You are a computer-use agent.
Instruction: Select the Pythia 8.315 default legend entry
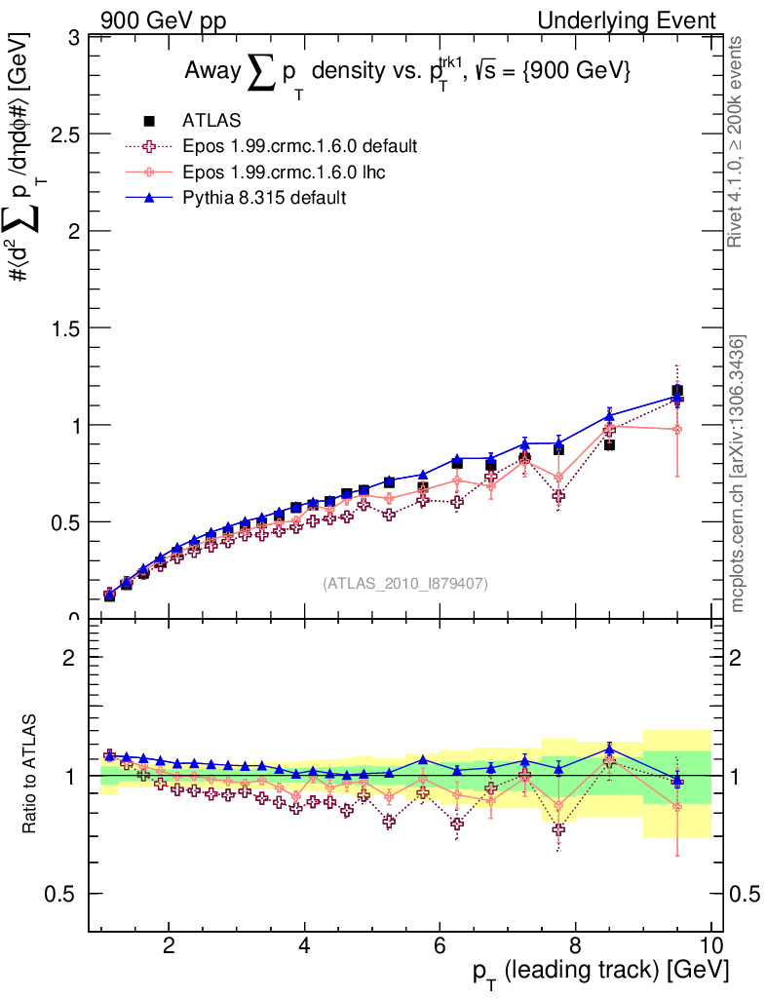263,197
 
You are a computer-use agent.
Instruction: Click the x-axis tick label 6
440,945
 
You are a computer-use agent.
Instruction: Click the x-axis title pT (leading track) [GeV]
600,972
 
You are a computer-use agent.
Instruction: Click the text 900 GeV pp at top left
163,20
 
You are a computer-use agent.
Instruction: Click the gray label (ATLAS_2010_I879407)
404,583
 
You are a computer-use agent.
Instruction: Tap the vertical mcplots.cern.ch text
738,474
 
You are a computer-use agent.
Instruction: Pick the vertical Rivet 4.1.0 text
737,141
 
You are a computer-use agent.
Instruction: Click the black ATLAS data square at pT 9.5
676,391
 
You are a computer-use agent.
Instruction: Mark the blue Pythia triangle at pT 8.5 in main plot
609,416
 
